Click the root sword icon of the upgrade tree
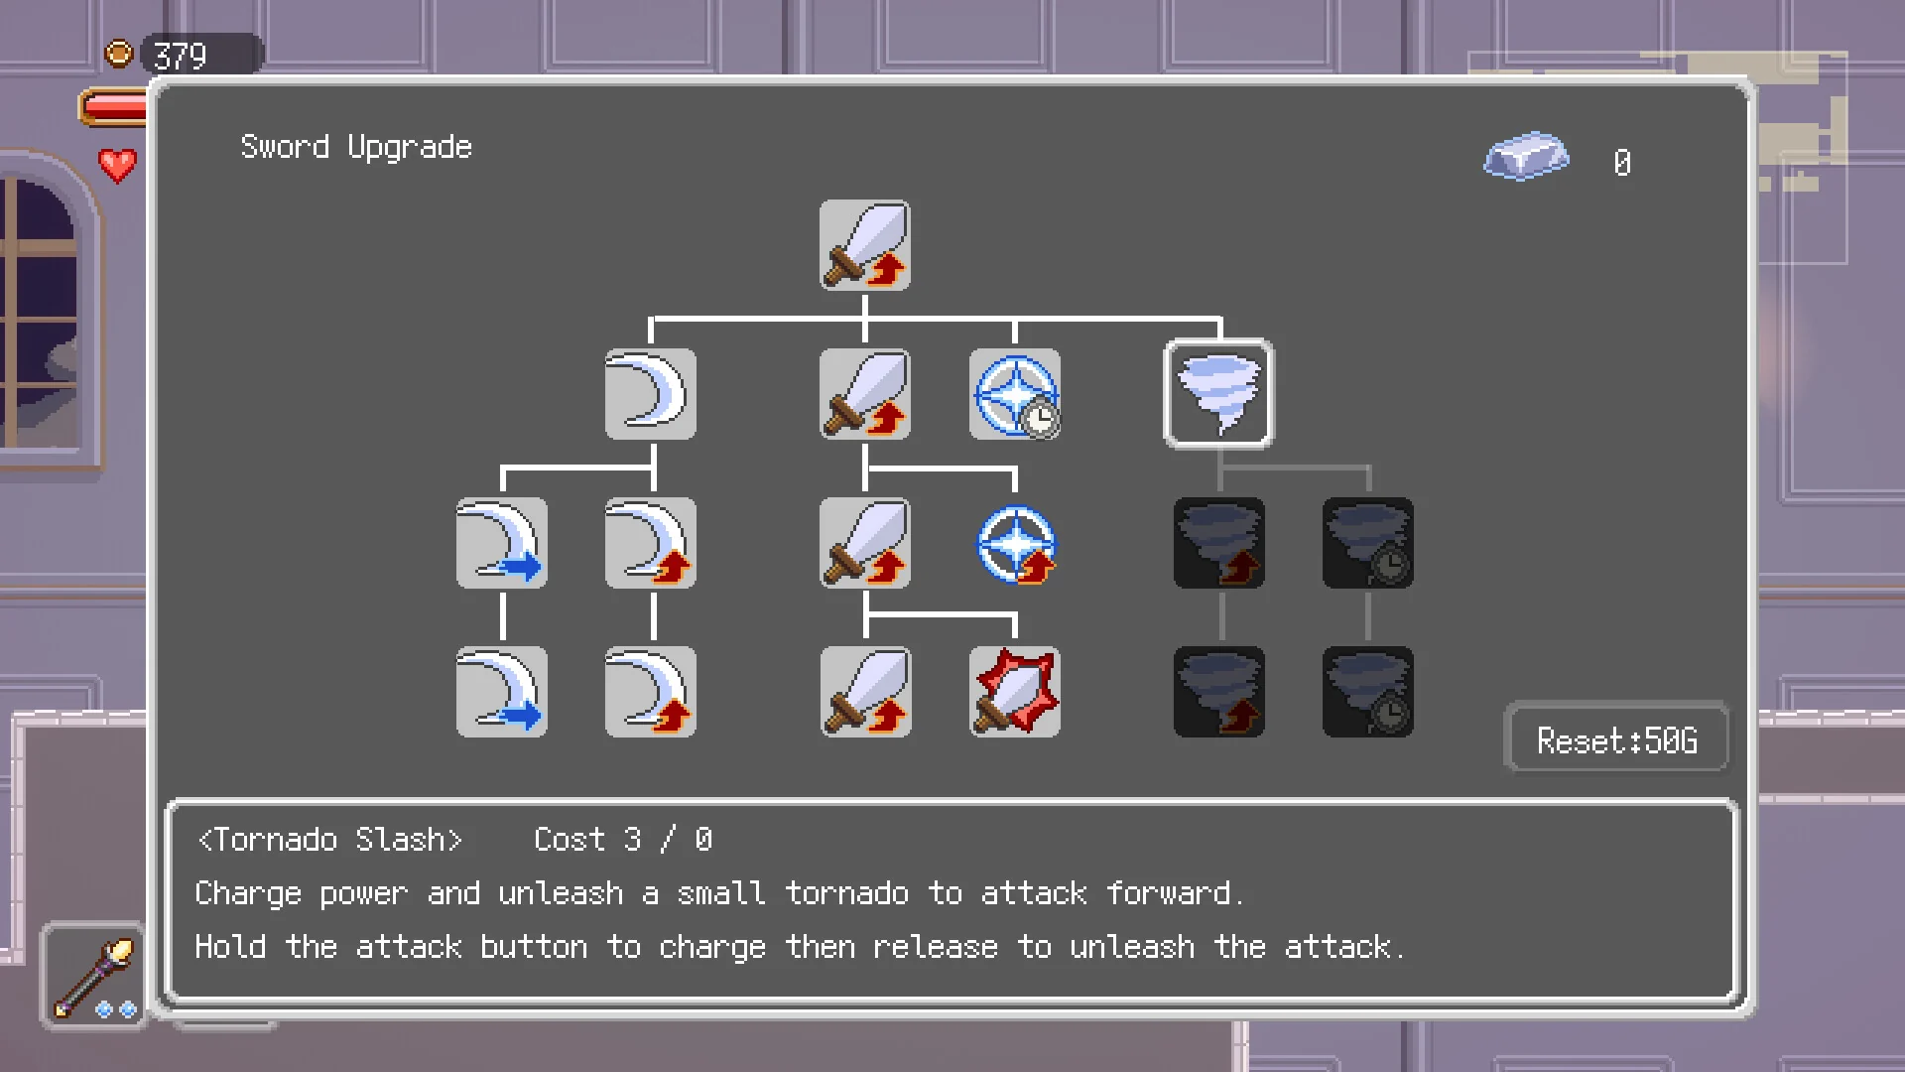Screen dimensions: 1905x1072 864,245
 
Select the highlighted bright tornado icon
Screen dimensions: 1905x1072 1218,394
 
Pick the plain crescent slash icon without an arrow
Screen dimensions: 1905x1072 651,394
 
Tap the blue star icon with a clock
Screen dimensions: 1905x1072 1014,394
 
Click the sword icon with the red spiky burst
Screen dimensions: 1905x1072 1014,692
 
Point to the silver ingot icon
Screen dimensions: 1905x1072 1526,156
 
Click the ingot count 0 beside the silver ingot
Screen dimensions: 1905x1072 1622,163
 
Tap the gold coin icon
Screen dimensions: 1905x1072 119,53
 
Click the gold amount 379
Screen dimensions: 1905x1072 180,56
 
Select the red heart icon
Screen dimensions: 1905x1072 117,165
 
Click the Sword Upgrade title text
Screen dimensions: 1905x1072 356,148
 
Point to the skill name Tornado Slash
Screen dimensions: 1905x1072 330,840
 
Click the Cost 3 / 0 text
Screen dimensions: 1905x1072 623,840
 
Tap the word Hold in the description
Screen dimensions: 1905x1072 230,947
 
